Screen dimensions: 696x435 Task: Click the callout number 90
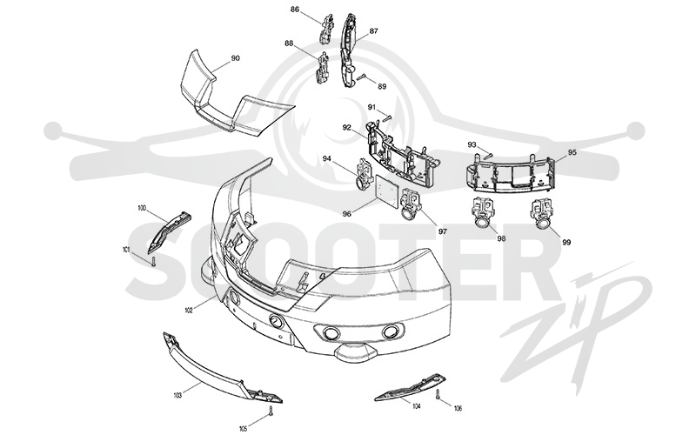235,58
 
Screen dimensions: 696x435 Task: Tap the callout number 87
373,31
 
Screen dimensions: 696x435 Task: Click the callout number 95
572,152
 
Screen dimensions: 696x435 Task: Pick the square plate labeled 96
387,189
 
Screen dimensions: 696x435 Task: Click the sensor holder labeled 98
482,211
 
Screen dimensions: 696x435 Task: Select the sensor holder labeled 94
365,175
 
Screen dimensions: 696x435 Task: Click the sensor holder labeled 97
410,204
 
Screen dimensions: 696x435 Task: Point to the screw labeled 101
153,261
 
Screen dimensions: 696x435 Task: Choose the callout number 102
189,311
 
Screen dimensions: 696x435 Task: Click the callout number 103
177,395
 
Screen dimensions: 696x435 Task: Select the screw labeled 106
438,394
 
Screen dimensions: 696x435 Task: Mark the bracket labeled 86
326,29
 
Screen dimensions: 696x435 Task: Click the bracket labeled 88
323,68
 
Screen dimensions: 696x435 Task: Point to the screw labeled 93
488,156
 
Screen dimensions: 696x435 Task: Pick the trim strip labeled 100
169,230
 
